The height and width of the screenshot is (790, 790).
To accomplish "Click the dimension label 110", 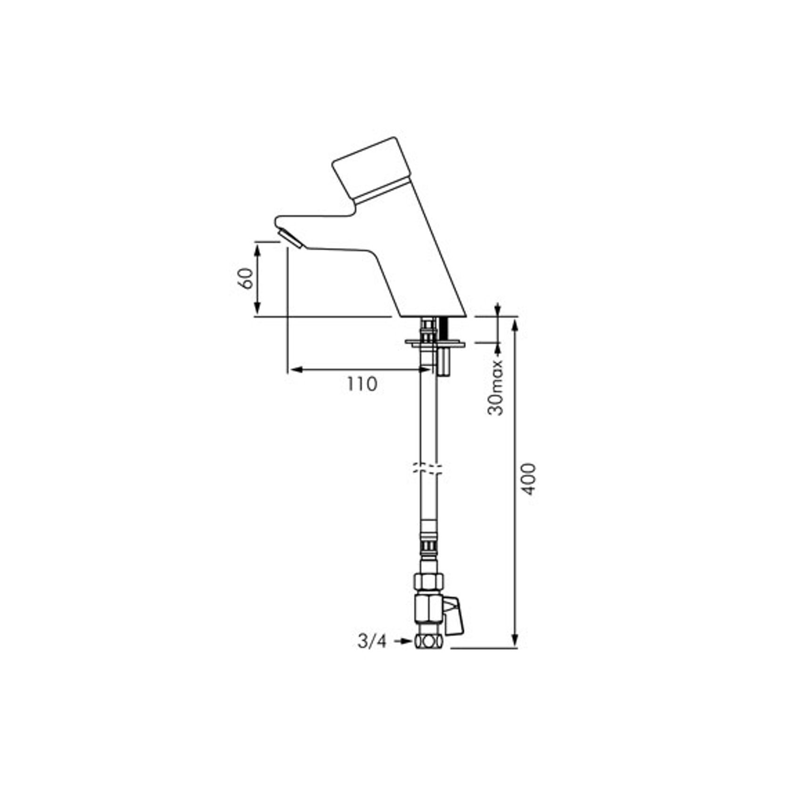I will pyautogui.click(x=362, y=384).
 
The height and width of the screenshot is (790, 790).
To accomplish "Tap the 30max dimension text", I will pyautogui.click(x=495, y=387).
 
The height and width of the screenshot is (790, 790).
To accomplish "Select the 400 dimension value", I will pyautogui.click(x=530, y=479).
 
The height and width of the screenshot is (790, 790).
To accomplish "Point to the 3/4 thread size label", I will pyautogui.click(x=372, y=641).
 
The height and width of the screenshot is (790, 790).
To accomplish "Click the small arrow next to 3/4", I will pyautogui.click(x=403, y=641).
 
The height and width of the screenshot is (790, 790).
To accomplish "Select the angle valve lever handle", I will pyautogui.click(x=454, y=616).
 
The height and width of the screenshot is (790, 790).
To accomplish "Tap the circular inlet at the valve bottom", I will pyautogui.click(x=428, y=642).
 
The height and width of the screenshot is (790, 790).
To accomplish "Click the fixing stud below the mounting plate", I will pyautogui.click(x=444, y=362).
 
